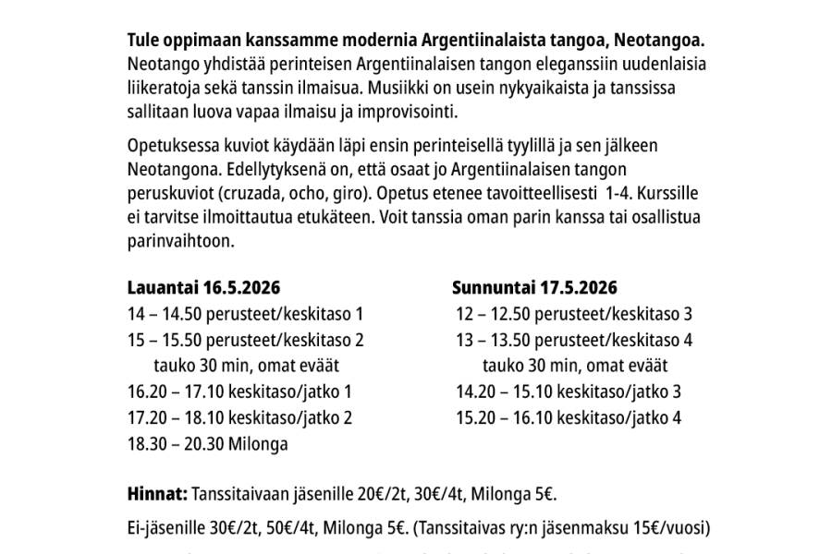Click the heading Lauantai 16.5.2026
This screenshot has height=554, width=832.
tap(203, 286)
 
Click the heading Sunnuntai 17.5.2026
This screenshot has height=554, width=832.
tap(535, 286)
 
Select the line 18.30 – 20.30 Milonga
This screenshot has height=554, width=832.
tap(208, 443)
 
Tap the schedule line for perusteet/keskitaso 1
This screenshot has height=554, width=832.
tap(245, 313)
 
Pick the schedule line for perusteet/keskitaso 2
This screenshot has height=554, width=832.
tap(245, 339)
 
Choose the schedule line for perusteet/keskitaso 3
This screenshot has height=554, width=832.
tap(574, 313)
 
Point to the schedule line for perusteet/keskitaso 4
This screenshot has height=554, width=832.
tap(574, 339)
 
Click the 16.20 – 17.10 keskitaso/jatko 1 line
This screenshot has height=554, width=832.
tap(239, 391)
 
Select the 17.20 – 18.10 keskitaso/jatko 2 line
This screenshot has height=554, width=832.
tap(239, 417)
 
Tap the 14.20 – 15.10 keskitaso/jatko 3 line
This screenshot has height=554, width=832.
tap(569, 391)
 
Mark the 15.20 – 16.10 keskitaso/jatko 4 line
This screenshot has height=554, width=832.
tap(569, 417)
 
